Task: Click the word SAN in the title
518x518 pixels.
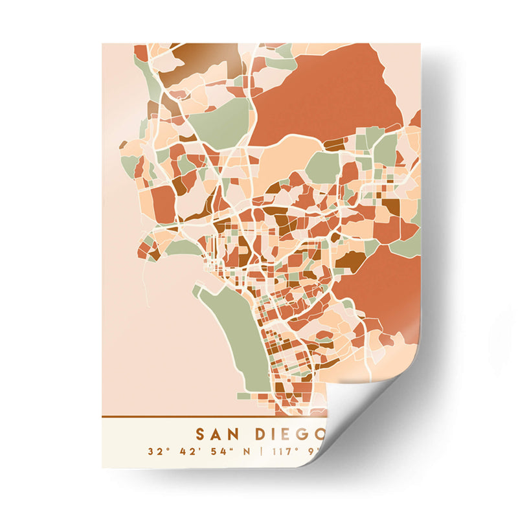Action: tap(216, 433)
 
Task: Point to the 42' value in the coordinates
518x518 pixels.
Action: tap(188, 451)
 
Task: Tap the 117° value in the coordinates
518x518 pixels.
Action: tap(285, 451)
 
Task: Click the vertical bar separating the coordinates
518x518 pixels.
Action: tap(262, 451)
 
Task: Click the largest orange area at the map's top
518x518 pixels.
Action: tap(324, 91)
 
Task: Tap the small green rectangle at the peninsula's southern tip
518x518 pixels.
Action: tap(243, 395)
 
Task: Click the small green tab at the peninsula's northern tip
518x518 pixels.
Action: tap(197, 291)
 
